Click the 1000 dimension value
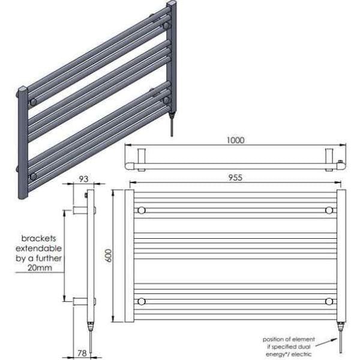[x=236, y=140]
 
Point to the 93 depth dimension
[x=83, y=178]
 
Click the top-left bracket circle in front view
[x=142, y=210]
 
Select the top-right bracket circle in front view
[x=329, y=210]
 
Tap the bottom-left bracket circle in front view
[x=142, y=301]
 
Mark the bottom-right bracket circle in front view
[x=329, y=301]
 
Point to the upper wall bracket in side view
[x=82, y=210]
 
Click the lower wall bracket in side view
[x=82, y=301]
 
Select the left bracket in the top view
[x=142, y=157]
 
